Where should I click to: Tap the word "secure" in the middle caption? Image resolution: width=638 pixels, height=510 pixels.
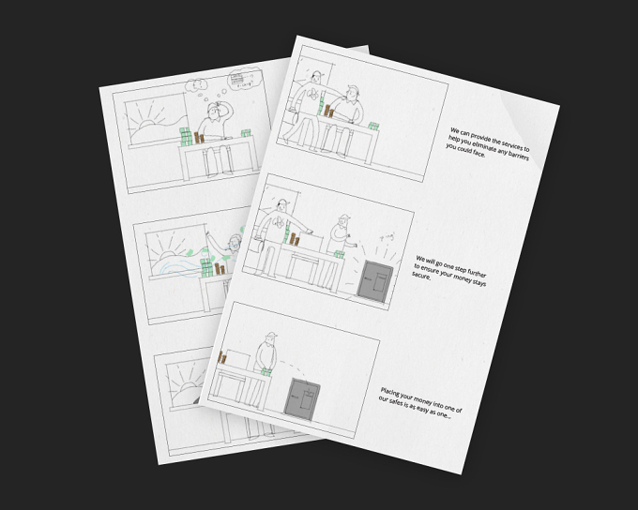[420, 276]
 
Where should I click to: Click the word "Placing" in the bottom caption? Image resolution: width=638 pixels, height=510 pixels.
[389, 393]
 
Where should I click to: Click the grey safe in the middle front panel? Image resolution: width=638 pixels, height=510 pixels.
[374, 281]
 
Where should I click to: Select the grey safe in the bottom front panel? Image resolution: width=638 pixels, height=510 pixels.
[302, 398]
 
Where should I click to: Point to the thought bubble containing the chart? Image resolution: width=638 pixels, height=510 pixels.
[243, 78]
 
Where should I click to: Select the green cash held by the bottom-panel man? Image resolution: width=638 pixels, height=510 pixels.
[266, 372]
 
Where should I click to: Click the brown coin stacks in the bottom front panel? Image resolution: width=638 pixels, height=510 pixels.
[222, 357]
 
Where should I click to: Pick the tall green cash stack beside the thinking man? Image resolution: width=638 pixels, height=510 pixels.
[186, 137]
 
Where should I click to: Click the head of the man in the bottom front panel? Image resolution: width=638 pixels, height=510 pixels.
[270, 338]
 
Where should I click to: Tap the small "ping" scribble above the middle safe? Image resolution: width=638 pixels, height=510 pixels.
[387, 237]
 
